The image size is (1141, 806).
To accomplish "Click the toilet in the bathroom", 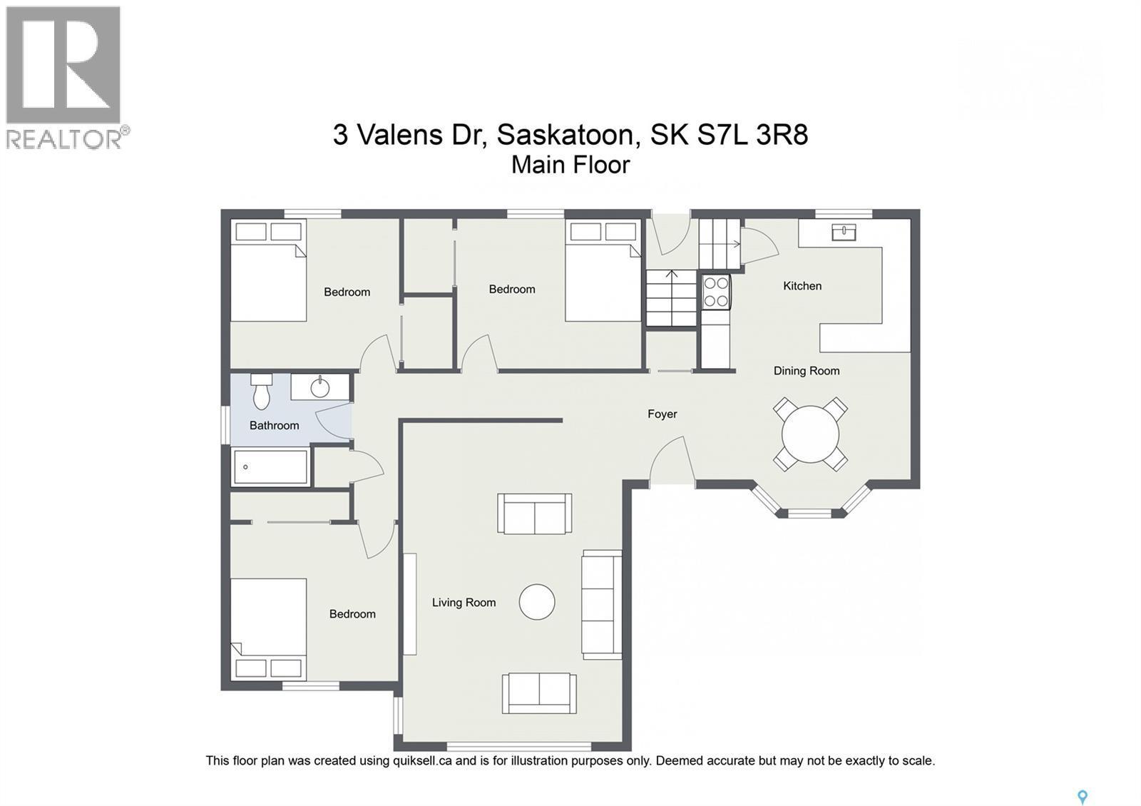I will pos(262,392).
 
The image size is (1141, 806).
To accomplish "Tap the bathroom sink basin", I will pos(320,387).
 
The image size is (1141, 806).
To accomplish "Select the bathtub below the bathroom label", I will pos(270,467).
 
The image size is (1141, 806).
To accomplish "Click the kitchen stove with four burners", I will pos(716,292).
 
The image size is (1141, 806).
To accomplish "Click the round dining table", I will pos(810,434).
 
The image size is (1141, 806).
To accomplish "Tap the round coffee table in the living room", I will pos(537,602).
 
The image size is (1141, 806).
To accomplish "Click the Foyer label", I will pos(662,414).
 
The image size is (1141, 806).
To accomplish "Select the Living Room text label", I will pos(464,603).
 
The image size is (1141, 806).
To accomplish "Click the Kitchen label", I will pos(802,286).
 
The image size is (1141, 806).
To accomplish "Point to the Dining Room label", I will pos(807,371).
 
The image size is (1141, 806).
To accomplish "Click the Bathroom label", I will pos(274,426).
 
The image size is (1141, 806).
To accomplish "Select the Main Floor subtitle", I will pos(570,165).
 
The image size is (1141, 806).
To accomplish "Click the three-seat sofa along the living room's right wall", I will pos(601,605).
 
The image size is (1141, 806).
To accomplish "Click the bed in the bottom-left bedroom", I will pos(269,628).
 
